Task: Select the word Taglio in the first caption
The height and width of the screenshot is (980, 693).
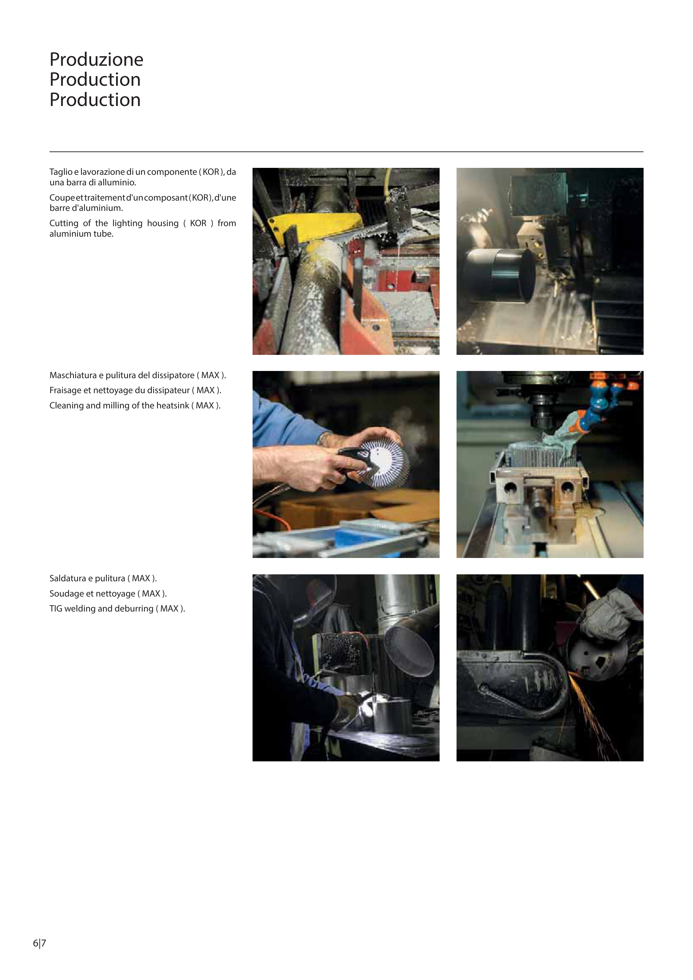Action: click(x=61, y=172)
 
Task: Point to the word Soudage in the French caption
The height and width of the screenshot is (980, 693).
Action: click(x=65, y=594)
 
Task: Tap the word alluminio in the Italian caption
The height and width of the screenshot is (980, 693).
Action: click(x=118, y=183)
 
